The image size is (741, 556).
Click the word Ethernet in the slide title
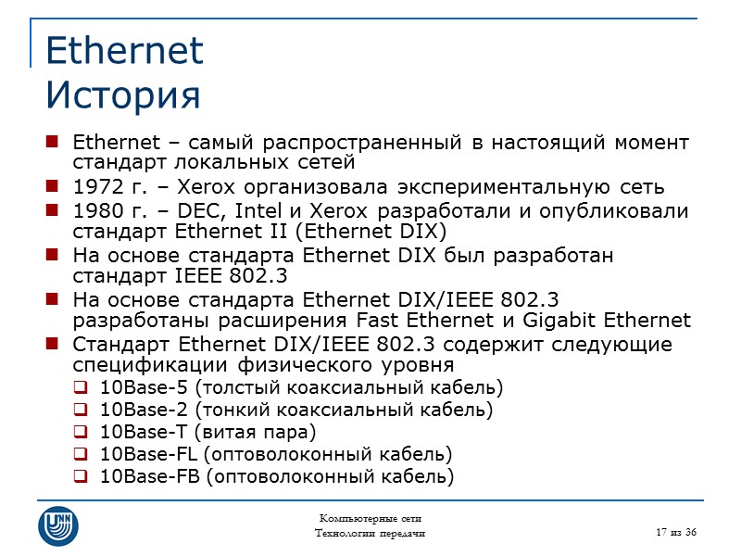[124, 51]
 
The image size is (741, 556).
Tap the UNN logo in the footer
[57, 525]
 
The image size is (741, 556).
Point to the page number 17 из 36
[675, 530]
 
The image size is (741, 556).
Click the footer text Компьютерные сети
[370, 518]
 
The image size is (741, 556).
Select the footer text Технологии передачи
[370, 533]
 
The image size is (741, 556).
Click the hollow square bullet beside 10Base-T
[81, 433]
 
